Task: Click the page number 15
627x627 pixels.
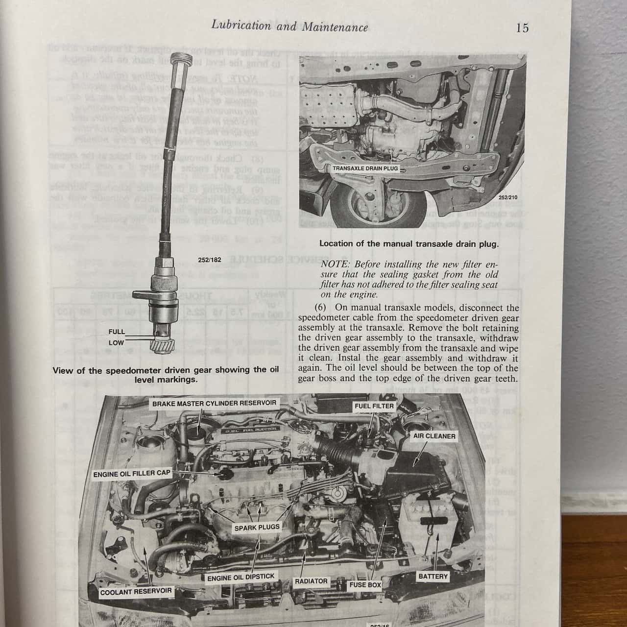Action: (x=522, y=28)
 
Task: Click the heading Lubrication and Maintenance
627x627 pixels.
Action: (x=289, y=26)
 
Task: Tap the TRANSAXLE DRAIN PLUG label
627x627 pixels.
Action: (x=365, y=169)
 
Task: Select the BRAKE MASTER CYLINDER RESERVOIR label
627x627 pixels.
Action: (x=215, y=404)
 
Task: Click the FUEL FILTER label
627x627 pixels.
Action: (x=374, y=406)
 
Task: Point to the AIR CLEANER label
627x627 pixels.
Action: (x=434, y=436)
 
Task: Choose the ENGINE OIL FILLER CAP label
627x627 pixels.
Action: (x=132, y=474)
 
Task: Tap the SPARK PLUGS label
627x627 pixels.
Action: (x=257, y=528)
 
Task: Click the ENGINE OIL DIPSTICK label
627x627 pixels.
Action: (x=241, y=577)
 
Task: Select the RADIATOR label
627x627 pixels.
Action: (x=311, y=581)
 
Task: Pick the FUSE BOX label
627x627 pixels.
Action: (x=365, y=585)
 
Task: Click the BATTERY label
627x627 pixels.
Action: (x=433, y=577)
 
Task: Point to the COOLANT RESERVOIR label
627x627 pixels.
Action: (x=136, y=591)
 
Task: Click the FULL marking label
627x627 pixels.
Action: (x=117, y=332)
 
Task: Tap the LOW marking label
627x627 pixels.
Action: (x=117, y=343)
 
